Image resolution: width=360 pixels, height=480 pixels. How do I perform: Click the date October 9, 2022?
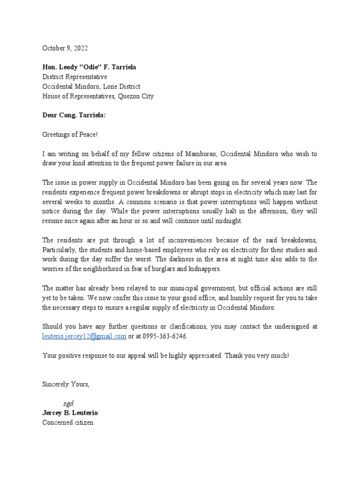click(x=65, y=48)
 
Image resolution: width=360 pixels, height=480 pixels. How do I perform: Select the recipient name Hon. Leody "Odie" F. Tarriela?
click(x=89, y=67)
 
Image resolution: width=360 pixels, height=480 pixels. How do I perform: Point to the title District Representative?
click(x=75, y=77)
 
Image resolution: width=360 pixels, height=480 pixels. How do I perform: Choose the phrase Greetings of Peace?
click(x=71, y=135)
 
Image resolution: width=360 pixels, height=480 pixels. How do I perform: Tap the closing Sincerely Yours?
click(x=66, y=384)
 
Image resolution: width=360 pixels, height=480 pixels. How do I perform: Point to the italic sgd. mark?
click(x=69, y=404)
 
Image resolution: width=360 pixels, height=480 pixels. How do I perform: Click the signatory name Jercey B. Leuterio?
click(x=70, y=413)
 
